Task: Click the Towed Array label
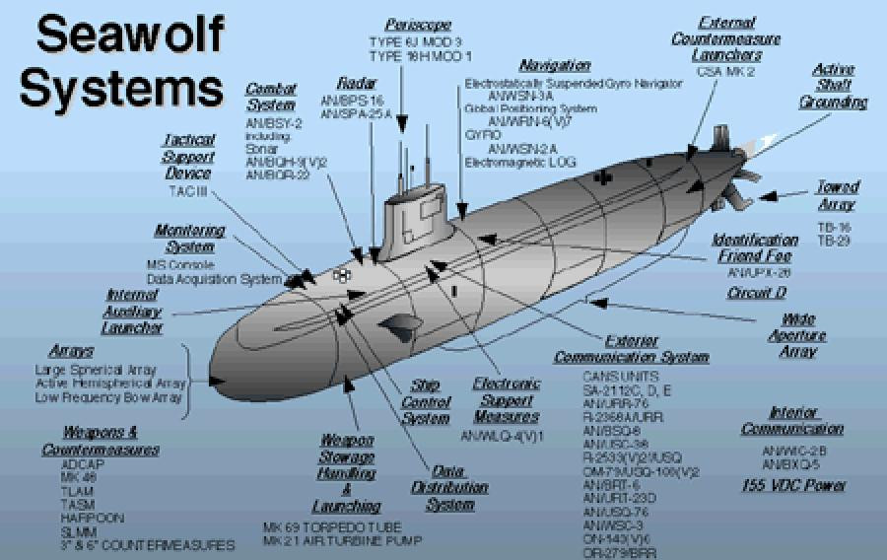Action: coord(837,195)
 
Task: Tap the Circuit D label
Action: coord(756,293)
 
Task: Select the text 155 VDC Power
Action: coord(793,485)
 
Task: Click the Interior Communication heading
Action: coord(792,421)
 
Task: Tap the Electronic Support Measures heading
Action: coord(507,400)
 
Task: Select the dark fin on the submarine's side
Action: coord(403,327)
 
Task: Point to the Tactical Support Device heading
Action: coord(188,157)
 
